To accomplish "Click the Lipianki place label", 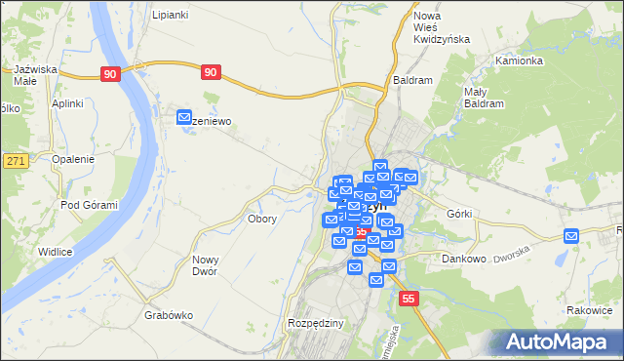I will [170, 16].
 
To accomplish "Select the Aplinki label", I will [67, 102].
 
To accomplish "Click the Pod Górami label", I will [89, 205].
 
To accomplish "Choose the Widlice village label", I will [56, 252].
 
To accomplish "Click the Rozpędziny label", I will [313, 322].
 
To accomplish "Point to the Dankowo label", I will [463, 259].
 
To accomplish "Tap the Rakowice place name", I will [587, 310].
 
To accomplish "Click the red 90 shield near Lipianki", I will [110, 73].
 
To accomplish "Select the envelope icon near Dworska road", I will [571, 235].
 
